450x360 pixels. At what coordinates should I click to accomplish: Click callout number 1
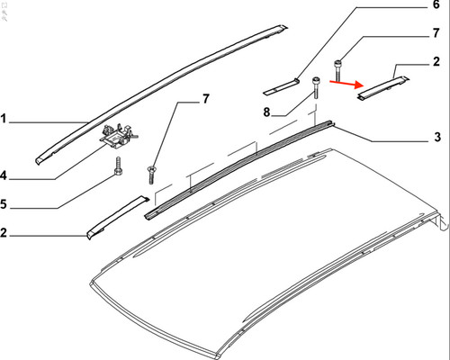(x=4, y=119)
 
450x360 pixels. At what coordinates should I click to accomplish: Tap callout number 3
(x=437, y=137)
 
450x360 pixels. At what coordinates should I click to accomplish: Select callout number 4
(x=4, y=175)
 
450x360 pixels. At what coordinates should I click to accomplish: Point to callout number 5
(x=4, y=204)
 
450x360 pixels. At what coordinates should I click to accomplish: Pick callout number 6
(x=436, y=4)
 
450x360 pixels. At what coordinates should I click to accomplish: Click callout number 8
(x=266, y=112)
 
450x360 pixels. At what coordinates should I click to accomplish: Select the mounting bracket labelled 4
(x=118, y=136)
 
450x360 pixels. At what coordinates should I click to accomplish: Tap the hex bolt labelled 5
(x=118, y=166)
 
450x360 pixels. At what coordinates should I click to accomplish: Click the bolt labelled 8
(x=316, y=87)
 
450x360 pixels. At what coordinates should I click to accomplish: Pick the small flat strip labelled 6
(x=281, y=86)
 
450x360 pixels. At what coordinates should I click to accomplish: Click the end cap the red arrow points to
(x=383, y=88)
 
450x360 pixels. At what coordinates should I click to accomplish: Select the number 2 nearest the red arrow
(x=436, y=61)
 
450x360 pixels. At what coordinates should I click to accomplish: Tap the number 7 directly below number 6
(x=436, y=32)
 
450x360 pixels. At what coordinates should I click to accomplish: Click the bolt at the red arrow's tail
(x=337, y=71)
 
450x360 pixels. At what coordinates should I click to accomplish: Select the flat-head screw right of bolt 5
(x=151, y=175)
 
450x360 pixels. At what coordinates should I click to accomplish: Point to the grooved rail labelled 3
(x=240, y=168)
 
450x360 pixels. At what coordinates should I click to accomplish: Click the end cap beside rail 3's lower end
(x=117, y=218)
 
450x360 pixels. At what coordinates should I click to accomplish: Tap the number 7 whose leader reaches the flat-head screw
(x=205, y=99)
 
